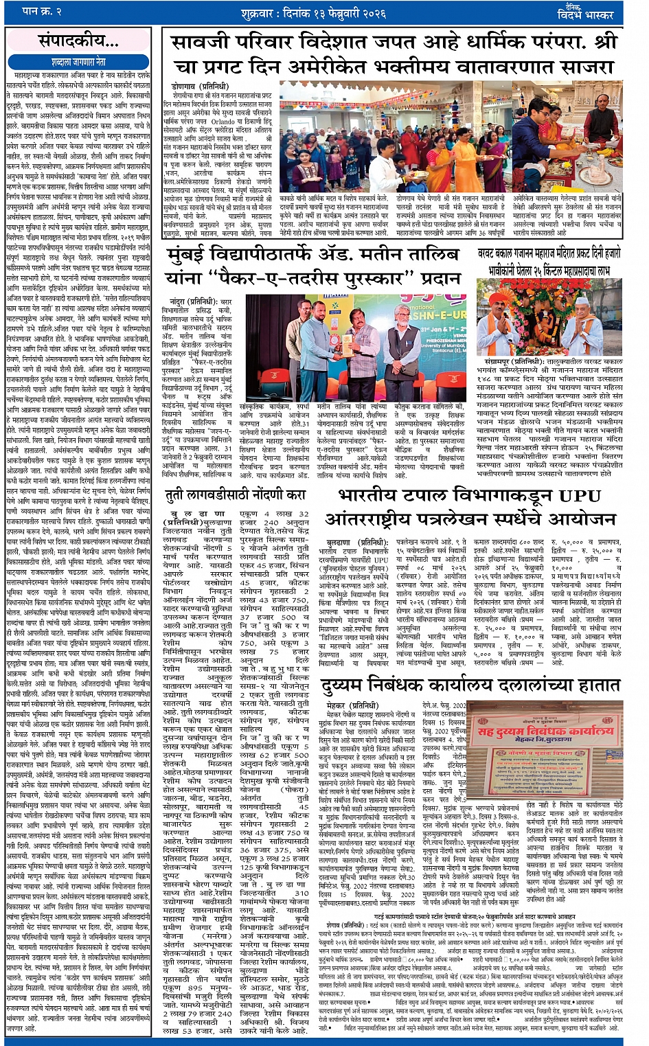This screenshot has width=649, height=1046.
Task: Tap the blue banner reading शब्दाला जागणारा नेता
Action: click(x=78, y=61)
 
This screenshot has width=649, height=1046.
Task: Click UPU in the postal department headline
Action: click(x=589, y=496)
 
